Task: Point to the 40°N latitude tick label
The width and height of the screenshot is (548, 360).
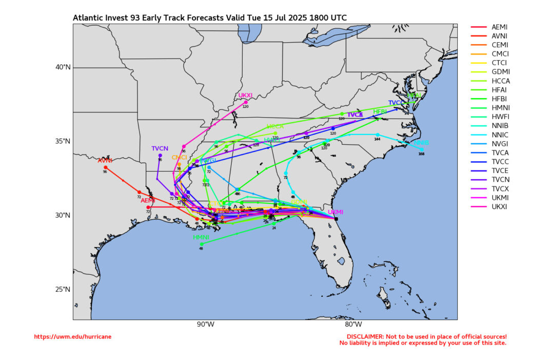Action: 62,67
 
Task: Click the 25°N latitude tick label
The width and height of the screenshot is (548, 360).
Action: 62,289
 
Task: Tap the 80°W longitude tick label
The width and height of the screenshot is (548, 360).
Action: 353,324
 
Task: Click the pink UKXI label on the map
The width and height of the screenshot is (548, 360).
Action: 245,96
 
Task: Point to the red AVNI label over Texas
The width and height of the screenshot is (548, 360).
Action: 105,161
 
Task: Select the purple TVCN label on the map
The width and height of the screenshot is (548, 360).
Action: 160,148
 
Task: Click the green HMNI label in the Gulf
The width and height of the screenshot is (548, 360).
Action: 201,238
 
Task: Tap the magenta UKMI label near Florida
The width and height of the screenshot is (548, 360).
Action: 335,212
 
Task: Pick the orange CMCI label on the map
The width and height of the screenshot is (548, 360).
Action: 179,158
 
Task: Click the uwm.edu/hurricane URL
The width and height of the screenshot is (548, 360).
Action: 72,337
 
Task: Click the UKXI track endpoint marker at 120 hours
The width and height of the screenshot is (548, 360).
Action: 246,102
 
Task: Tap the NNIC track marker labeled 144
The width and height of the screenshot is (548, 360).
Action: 377,135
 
